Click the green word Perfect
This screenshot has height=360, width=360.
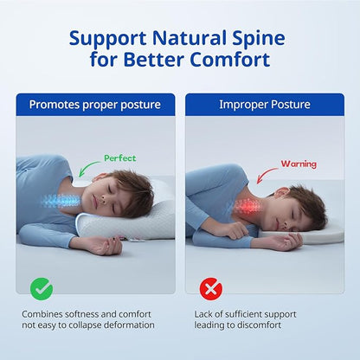pos(120,158)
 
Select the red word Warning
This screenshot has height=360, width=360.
pos(298,163)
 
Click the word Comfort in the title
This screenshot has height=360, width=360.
pos(229,60)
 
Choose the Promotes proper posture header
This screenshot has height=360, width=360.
pos(94,105)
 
